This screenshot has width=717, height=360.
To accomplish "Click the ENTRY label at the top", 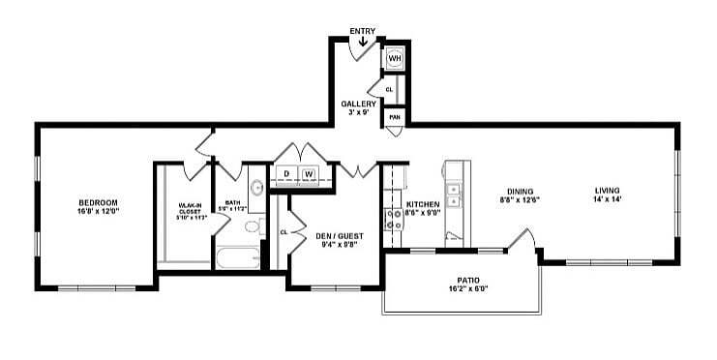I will [x=362, y=32].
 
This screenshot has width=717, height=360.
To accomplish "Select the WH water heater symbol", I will [x=394, y=59].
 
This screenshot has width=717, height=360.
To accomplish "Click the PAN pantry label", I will [x=394, y=117].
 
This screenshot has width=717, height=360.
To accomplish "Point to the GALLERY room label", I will [x=358, y=104].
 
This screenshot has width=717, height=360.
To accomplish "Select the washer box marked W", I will [x=309, y=174].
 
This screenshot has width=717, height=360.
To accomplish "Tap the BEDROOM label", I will [x=98, y=202].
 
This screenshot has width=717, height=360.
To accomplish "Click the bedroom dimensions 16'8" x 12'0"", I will [x=98, y=211].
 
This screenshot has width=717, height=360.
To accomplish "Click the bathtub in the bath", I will [x=238, y=256].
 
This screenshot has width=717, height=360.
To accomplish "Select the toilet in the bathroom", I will [x=252, y=226].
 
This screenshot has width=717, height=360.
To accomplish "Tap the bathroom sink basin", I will [x=257, y=188].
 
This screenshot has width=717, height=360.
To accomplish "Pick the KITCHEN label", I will [x=423, y=204].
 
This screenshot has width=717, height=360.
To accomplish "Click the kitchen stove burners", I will [x=394, y=220].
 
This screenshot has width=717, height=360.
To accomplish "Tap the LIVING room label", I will [x=607, y=190].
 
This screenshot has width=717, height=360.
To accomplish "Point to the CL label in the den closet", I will [x=284, y=232].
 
